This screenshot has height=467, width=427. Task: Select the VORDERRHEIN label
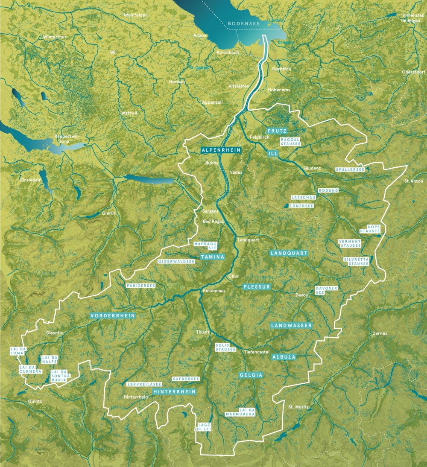tap(113, 316)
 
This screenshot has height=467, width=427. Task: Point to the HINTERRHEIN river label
tap(174, 391)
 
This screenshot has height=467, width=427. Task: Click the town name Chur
tap(234, 276)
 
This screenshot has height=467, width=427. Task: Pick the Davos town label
tap(301, 295)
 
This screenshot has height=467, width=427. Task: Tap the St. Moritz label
tap(298, 407)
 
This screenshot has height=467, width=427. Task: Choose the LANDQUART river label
tap(289, 253)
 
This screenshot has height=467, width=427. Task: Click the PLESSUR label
tap(257, 287)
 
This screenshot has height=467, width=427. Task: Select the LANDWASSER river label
tap(292, 326)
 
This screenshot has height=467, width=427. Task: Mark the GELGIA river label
tap(251, 375)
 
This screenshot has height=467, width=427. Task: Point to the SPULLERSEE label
tap(350, 169)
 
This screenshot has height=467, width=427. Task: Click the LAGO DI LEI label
tap(205, 427)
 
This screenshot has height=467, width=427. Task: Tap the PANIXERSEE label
tap(140, 285)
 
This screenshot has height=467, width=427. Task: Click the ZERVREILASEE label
tap(144, 384)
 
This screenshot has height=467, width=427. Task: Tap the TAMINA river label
tap(212, 257)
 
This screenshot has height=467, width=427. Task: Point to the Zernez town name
tap(380, 333)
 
